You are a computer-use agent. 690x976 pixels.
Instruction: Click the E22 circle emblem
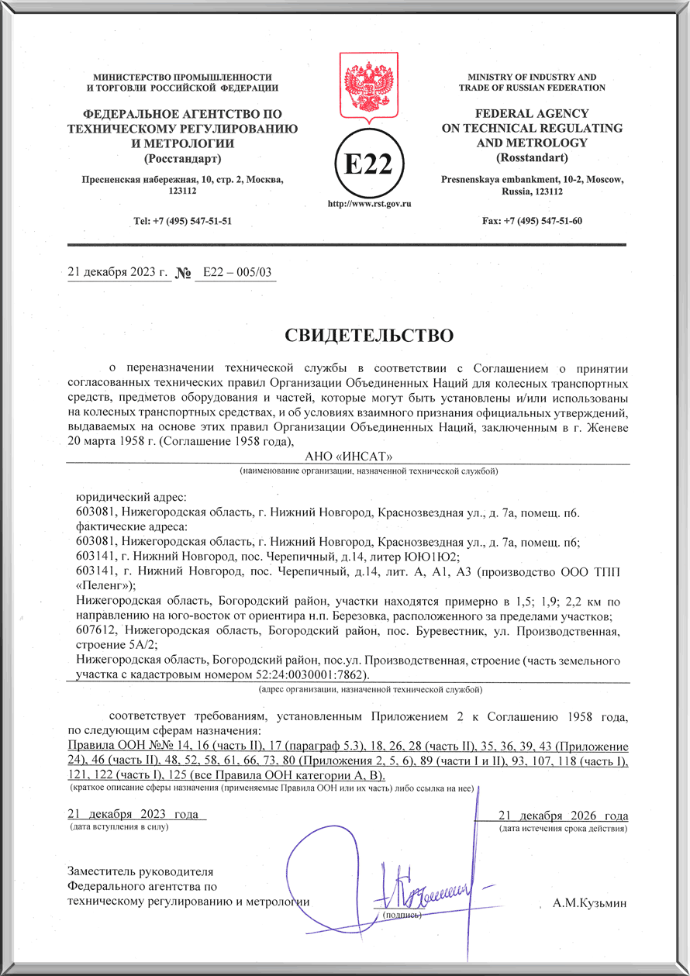pyautogui.click(x=369, y=162)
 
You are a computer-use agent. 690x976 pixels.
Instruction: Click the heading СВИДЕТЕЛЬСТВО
pyautogui.click(x=368, y=335)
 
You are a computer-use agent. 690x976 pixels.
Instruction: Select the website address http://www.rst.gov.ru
pyautogui.click(x=369, y=204)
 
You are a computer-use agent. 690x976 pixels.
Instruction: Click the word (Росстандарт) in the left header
pyautogui.click(x=183, y=159)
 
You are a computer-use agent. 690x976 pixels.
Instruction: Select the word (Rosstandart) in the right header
pyautogui.click(x=532, y=158)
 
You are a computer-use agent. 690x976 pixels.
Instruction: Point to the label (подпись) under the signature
pyautogui.click(x=402, y=915)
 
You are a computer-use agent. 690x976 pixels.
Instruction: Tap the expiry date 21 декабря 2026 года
pyautogui.click(x=562, y=816)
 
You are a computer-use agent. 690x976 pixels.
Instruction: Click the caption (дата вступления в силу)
pyautogui.click(x=119, y=827)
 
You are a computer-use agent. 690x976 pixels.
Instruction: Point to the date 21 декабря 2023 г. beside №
pyautogui.click(x=118, y=272)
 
